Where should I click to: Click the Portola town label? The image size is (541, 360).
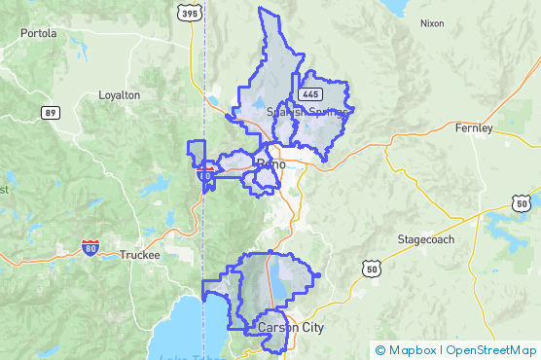pos(38,32)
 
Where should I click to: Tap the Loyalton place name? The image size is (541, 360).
pos(120,95)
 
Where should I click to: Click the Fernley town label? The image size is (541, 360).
pos(474,127)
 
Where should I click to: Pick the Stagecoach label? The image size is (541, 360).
pos(425,239)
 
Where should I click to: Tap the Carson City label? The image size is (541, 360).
pos(291,328)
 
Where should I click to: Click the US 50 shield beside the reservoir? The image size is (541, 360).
pos(521,202)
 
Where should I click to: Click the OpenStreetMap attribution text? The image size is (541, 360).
pos(493,350)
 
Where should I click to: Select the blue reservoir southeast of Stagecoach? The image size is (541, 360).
pos(505,234)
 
